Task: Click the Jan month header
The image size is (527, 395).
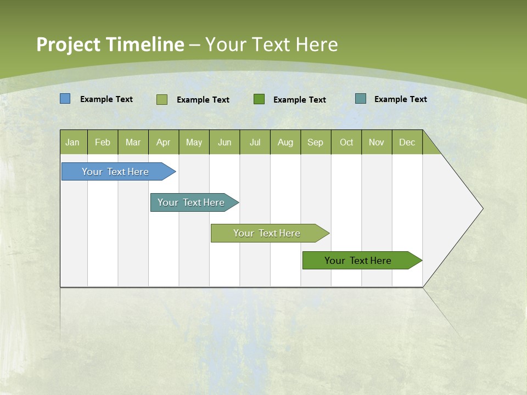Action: click(x=73, y=142)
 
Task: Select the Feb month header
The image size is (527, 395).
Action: click(x=103, y=142)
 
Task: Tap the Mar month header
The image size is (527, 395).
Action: click(x=133, y=142)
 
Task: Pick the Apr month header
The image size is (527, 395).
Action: click(x=164, y=142)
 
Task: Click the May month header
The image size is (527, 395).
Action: click(x=194, y=142)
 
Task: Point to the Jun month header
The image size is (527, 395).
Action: click(x=225, y=142)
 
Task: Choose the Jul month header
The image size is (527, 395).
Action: click(x=255, y=142)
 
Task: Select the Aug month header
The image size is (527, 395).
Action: click(x=285, y=142)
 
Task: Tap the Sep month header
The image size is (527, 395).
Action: click(x=316, y=142)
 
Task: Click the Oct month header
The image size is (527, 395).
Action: click(x=346, y=142)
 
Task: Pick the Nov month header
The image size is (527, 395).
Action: click(x=377, y=142)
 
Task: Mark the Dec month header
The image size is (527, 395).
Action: click(x=407, y=142)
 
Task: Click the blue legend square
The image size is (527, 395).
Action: click(x=65, y=99)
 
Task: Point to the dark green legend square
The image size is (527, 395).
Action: click(x=259, y=99)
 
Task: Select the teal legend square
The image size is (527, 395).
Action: click(x=361, y=99)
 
